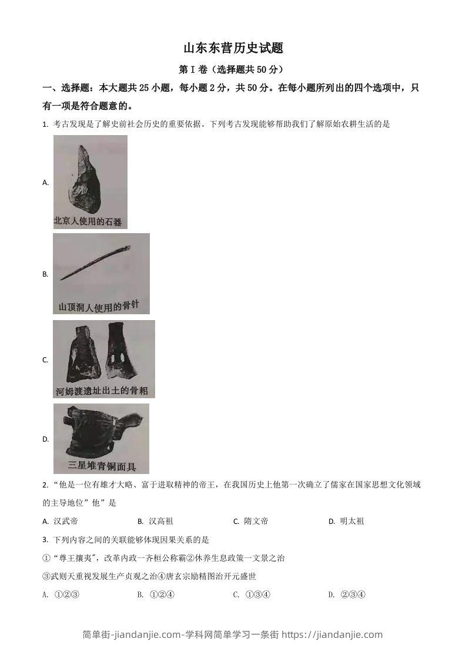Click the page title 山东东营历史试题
tap(233, 48)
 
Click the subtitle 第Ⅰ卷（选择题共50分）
tap(233, 69)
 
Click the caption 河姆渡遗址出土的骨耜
tap(103, 390)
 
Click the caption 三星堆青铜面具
tap(102, 466)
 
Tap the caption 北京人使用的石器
tap(88, 221)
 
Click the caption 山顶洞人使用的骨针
tap(101, 307)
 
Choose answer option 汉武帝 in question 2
tap(66, 521)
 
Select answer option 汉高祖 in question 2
tap(160, 521)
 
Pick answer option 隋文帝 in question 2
tap(256, 521)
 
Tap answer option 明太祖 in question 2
tap(351, 521)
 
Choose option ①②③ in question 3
tap(66, 594)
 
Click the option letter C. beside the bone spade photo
tap(45, 360)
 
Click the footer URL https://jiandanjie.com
tap(332, 634)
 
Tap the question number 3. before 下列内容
tap(45, 540)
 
